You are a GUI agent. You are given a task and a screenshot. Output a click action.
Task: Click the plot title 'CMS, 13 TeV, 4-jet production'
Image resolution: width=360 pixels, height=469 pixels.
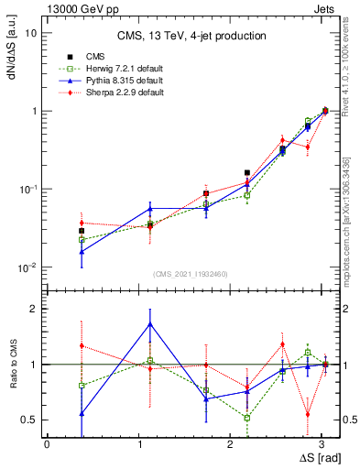191,37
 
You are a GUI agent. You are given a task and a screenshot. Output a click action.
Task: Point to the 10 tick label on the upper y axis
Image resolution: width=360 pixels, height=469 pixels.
30,33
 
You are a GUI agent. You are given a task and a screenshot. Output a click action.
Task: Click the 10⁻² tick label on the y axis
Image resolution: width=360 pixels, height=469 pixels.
28,267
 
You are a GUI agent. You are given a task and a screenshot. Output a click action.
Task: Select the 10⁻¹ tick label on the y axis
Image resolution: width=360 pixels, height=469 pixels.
28,190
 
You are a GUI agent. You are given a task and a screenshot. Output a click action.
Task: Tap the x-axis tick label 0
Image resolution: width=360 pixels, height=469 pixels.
47,443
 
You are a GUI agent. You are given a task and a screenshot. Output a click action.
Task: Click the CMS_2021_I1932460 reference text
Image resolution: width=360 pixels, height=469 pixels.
191,274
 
